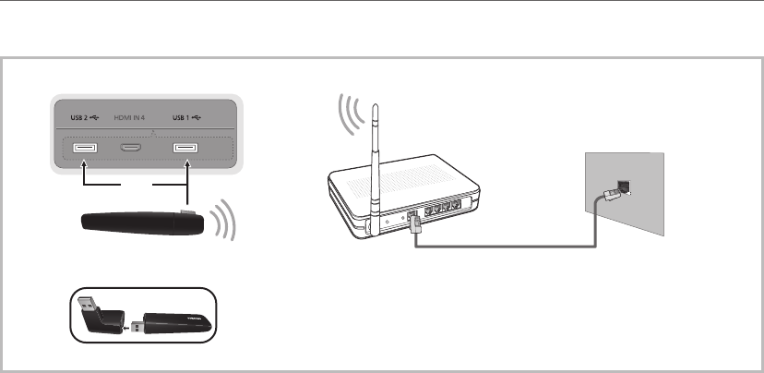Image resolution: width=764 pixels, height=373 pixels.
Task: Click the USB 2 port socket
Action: pyautogui.click(x=82, y=149)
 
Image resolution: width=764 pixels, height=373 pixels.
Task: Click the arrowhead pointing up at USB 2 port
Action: pyautogui.click(x=82, y=166)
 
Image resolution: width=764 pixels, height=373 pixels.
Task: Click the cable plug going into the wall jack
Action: pyautogui.click(x=610, y=195)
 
